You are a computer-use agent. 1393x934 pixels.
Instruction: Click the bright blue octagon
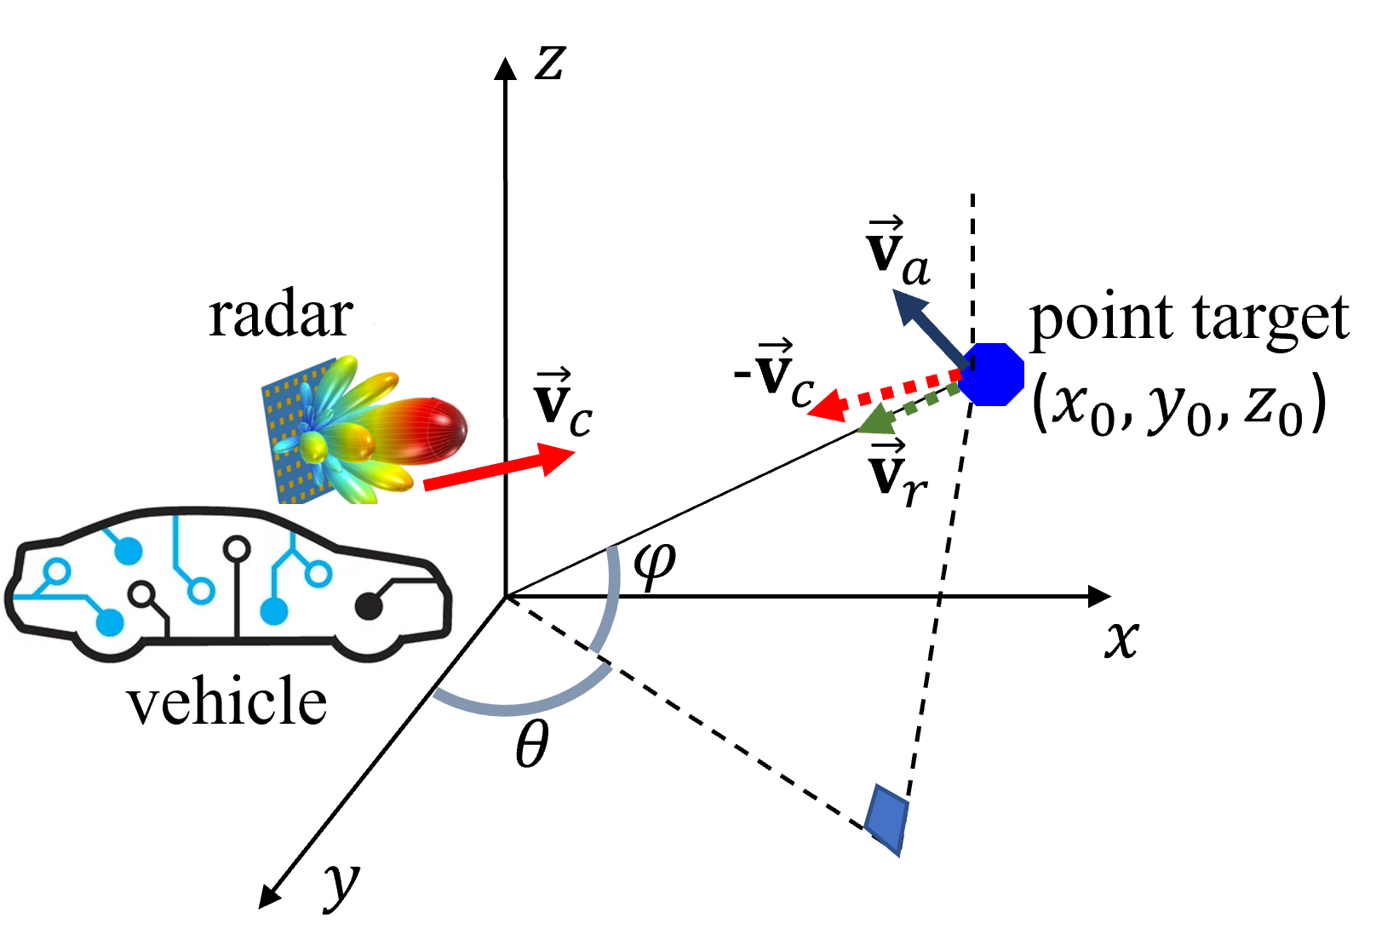pyautogui.click(x=993, y=375)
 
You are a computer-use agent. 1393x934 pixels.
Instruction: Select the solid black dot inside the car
pyautogui.click(x=368, y=606)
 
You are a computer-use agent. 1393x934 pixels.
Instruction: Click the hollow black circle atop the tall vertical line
pyautogui.click(x=237, y=549)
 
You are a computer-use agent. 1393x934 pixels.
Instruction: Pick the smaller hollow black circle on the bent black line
pyautogui.click(x=140, y=593)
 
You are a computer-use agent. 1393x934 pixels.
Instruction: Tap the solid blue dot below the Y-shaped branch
pyautogui.click(x=273, y=610)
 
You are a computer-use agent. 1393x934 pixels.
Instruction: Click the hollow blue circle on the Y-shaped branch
pyautogui.click(x=318, y=574)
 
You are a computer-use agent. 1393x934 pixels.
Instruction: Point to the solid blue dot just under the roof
pyautogui.click(x=129, y=551)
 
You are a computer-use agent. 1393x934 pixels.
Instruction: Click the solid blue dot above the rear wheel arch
pyautogui.click(x=111, y=622)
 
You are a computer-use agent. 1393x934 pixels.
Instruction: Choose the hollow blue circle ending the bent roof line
pyautogui.click(x=201, y=589)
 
